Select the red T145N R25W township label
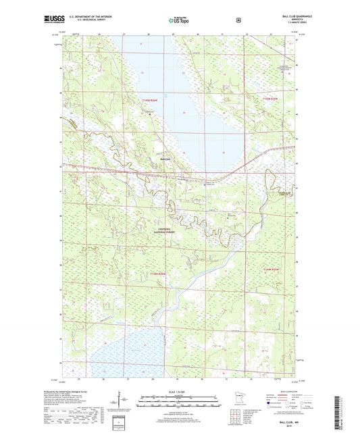click(269, 100)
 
